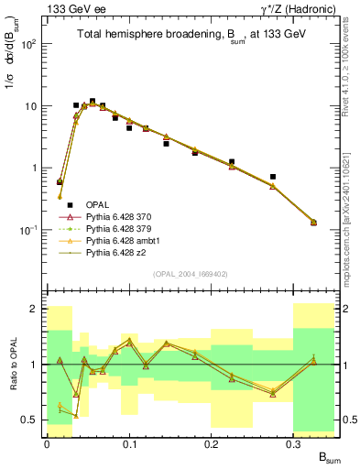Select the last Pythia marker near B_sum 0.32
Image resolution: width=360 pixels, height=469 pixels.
click(x=314, y=222)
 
